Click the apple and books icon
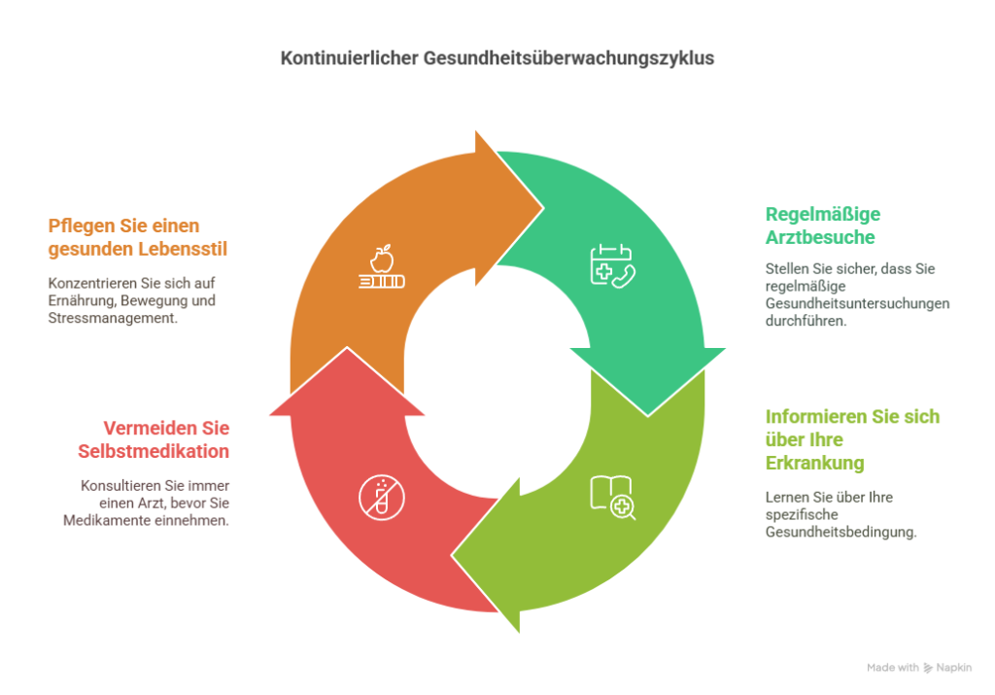click(x=381, y=266)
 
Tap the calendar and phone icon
click(x=612, y=266)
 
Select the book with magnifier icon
click(x=612, y=498)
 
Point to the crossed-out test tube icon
click(x=381, y=498)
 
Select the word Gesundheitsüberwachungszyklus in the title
click(x=569, y=58)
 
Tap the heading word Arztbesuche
click(x=820, y=237)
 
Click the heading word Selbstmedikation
click(x=154, y=451)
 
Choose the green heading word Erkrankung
click(x=815, y=463)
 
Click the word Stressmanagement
click(x=113, y=318)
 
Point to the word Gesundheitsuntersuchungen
click(x=857, y=303)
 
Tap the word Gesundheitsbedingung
click(x=841, y=532)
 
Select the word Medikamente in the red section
click(x=103, y=520)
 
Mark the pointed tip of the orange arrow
click(x=543, y=208)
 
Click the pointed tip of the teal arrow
click(x=648, y=416)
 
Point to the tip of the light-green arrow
click(x=452, y=556)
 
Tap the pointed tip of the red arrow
click(x=347, y=347)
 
